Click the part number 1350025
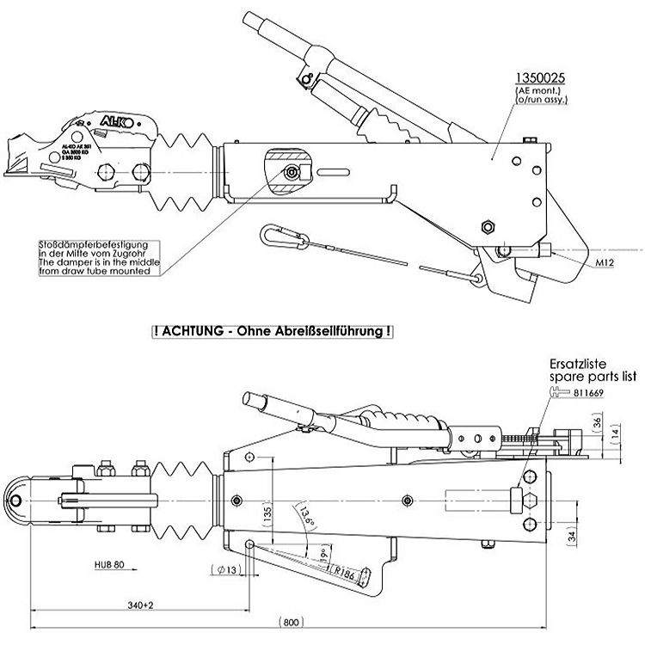click(x=540, y=77)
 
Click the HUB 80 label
click(x=111, y=566)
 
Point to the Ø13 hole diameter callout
click(x=224, y=568)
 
